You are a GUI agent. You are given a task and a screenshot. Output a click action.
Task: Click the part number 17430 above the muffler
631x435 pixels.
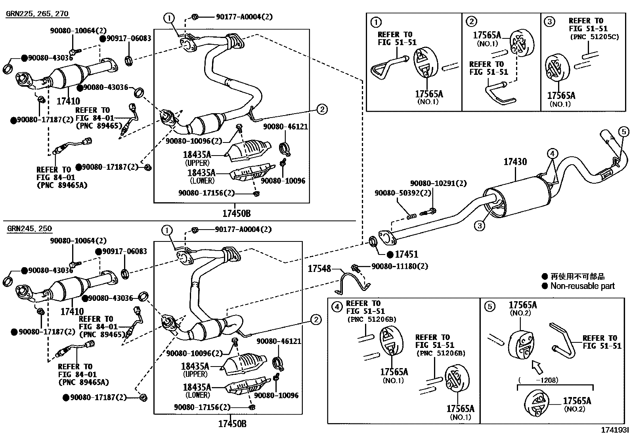pyautogui.click(x=515, y=162)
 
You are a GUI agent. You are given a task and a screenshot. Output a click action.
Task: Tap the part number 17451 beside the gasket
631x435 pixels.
pyautogui.click(x=406, y=255)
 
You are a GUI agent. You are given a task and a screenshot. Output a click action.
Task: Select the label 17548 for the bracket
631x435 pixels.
pyautogui.click(x=319, y=269)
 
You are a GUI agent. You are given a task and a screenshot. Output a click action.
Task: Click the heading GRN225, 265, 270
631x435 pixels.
pyautogui.click(x=37, y=13)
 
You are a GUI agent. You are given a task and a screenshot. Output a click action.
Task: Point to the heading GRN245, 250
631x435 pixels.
pyautogui.click(x=30, y=228)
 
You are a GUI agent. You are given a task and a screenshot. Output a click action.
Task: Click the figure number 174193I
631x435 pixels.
pyautogui.click(x=615, y=430)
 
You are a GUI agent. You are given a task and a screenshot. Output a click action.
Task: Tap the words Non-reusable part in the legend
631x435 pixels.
pyautogui.click(x=582, y=286)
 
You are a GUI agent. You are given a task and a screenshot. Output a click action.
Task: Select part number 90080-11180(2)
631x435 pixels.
pyautogui.click(x=400, y=266)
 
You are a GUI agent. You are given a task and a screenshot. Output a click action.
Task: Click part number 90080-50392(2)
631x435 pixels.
pyautogui.click(x=403, y=193)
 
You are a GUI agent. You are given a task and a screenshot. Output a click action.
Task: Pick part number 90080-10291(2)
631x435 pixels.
pyautogui.click(x=438, y=183)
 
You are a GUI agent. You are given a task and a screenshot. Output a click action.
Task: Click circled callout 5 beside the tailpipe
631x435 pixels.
pyautogui.click(x=624, y=132)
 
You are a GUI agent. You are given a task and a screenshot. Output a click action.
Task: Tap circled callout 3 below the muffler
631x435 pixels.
pyautogui.click(x=480, y=225)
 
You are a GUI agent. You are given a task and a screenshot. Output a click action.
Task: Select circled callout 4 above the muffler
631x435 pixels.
pyautogui.click(x=552, y=154)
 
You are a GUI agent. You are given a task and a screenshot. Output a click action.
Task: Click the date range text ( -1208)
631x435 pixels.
pyautogui.click(x=538, y=380)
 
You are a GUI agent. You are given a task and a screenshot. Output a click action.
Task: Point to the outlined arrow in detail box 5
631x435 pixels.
pyautogui.click(x=537, y=368)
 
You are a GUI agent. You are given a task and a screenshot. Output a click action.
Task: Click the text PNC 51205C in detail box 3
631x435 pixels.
pyautogui.click(x=595, y=37)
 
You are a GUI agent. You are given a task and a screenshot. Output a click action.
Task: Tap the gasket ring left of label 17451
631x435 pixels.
pyautogui.click(x=373, y=241)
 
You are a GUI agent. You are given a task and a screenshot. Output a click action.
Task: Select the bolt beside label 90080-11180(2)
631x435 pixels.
pyautogui.click(x=356, y=268)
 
